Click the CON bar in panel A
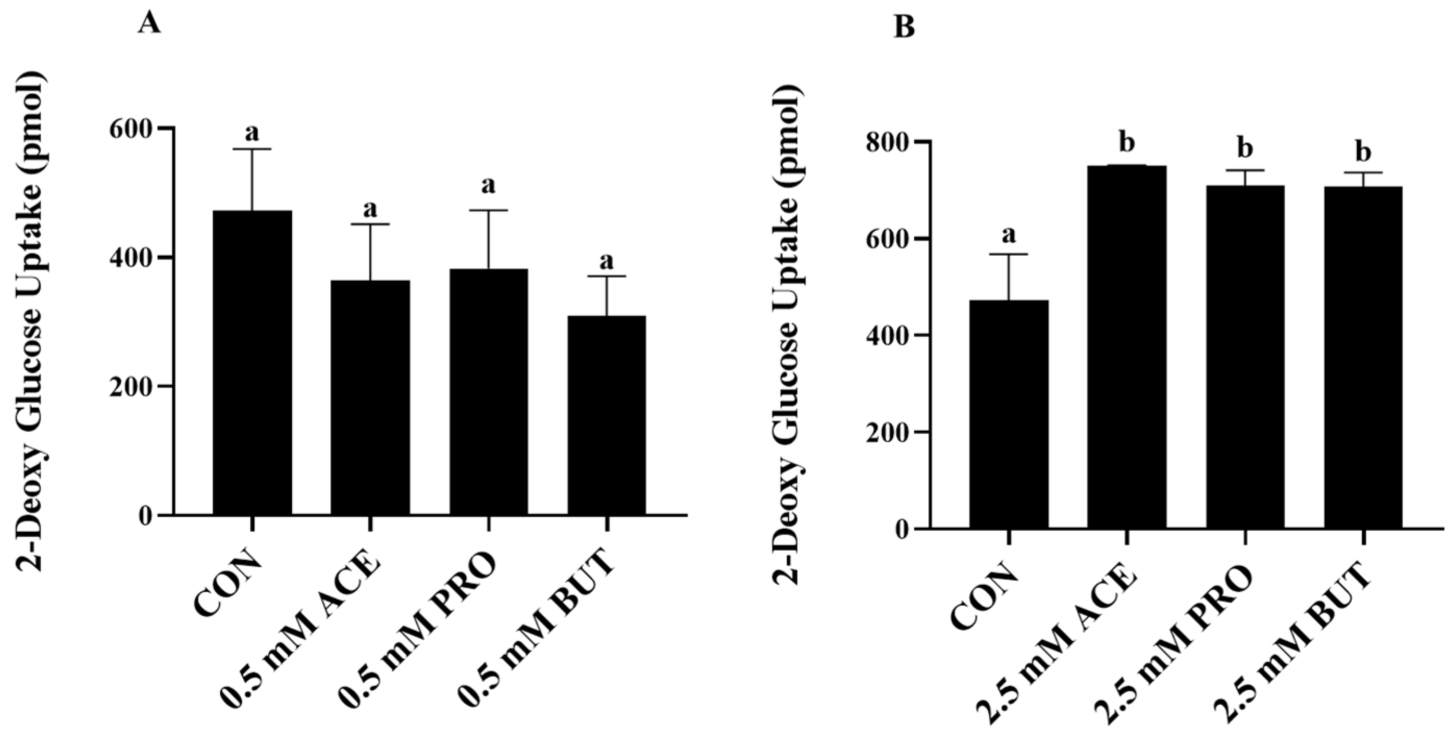pyautogui.click(x=252, y=362)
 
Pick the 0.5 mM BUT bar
pyautogui.click(x=606, y=415)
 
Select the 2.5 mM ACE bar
pyautogui.click(x=1127, y=347)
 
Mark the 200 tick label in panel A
pyautogui.click(x=131, y=387)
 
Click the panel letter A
pyautogui.click(x=149, y=25)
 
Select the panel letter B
pyautogui.click(x=904, y=27)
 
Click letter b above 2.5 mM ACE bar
pyautogui.click(x=1127, y=143)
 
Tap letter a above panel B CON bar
pyautogui.click(x=1009, y=233)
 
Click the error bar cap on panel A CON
pyautogui.click(x=252, y=149)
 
